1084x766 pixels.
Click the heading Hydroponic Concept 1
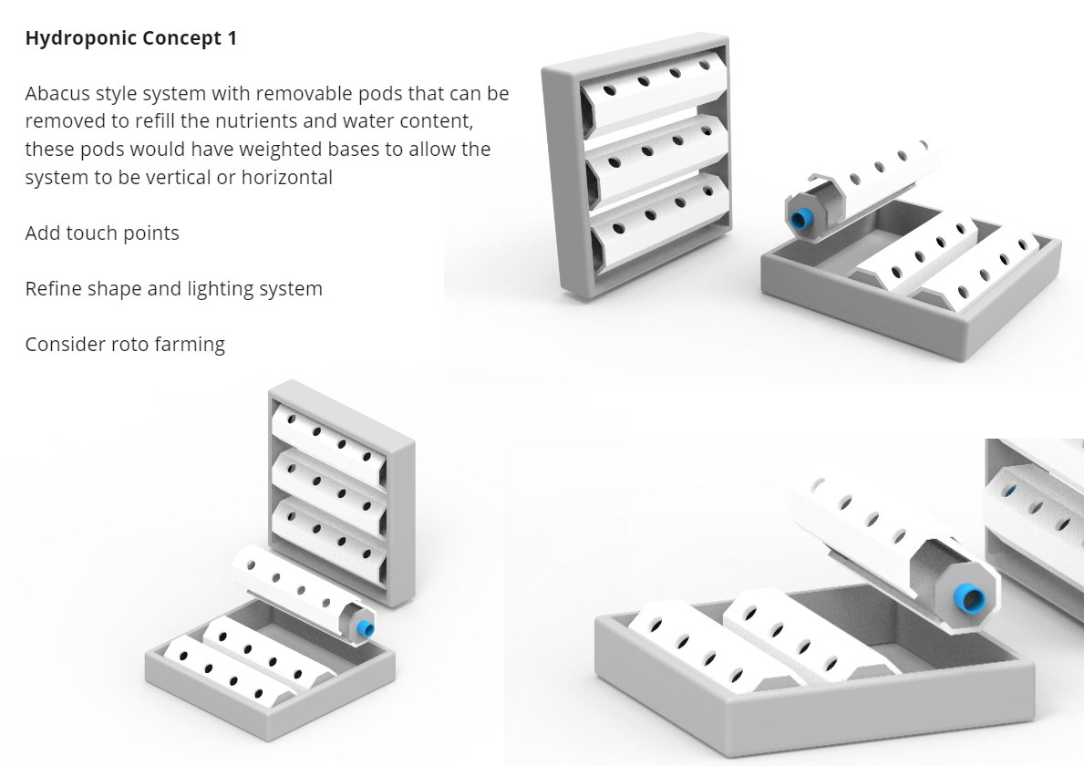click(130, 39)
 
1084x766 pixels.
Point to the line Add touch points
click(102, 233)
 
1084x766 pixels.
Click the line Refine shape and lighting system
click(173, 289)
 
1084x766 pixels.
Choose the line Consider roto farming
click(125, 345)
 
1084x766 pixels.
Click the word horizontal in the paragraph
click(286, 177)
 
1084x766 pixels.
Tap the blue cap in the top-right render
click(801, 219)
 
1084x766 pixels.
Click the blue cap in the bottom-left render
click(366, 628)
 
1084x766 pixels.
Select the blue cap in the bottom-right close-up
click(968, 598)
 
